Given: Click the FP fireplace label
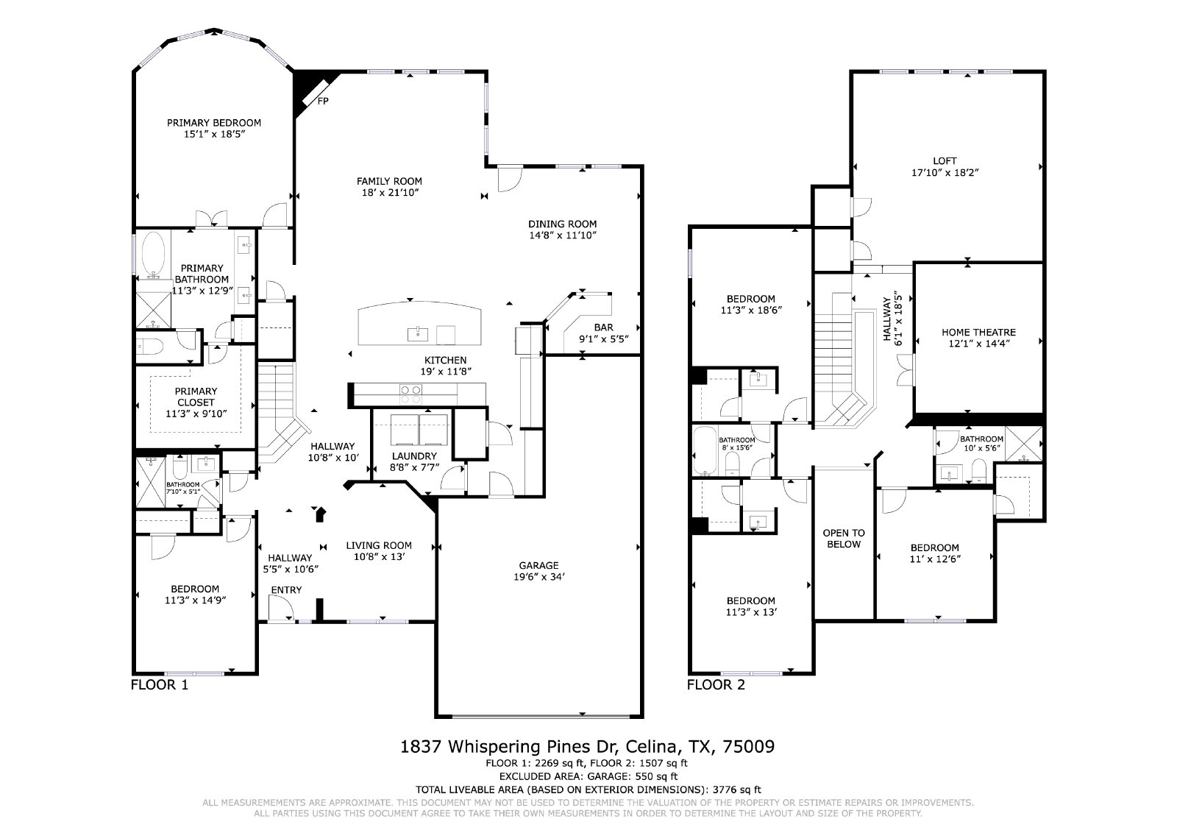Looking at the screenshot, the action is click(x=323, y=101).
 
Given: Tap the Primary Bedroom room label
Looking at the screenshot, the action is click(x=214, y=123).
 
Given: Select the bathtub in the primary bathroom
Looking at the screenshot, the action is click(x=154, y=255).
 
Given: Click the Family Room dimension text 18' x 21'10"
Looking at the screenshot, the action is click(x=389, y=193).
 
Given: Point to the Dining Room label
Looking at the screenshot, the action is click(x=562, y=224).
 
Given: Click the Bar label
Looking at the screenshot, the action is click(x=604, y=327).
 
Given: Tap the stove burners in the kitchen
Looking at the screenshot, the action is click(x=411, y=394).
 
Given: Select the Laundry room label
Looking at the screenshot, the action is click(x=414, y=456).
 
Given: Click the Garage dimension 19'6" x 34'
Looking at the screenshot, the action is click(x=539, y=577).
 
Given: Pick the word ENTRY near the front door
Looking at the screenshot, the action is click(x=286, y=590).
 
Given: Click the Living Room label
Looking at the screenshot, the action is click(x=379, y=545).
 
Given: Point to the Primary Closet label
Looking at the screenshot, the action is click(x=196, y=397).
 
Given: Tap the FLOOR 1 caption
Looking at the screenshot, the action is click(x=159, y=685).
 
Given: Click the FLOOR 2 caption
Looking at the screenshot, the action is click(x=716, y=685).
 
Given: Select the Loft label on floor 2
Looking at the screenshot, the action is click(x=945, y=161).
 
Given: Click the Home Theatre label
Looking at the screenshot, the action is click(x=979, y=332).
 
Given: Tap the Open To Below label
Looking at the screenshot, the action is click(x=844, y=539).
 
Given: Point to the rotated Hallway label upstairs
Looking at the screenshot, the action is click(x=887, y=319).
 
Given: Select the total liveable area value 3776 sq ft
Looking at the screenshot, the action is click(x=736, y=790).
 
